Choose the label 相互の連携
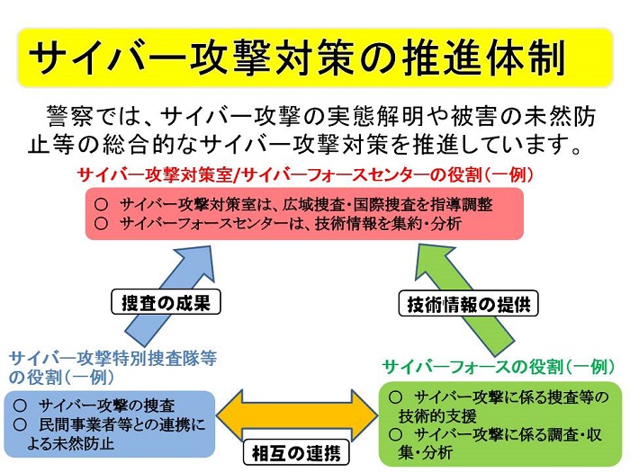point(296,451)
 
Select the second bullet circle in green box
point(395,434)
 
